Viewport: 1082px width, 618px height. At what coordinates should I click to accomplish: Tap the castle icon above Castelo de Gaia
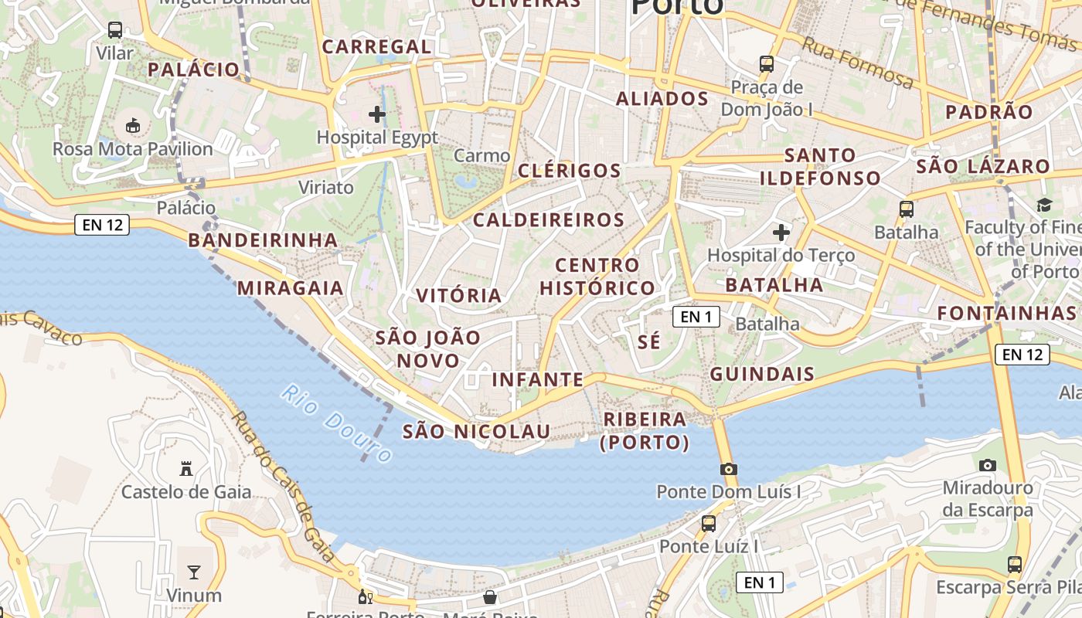coord(186,468)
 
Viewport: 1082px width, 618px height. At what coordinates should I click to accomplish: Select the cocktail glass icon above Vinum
coord(194,572)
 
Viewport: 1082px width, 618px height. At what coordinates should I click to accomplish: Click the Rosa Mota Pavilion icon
coord(133,125)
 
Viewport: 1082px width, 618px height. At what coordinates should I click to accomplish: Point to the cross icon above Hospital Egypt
coord(377,115)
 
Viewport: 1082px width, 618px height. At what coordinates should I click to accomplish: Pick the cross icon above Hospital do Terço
coord(781,232)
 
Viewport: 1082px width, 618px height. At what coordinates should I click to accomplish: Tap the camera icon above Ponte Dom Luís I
coord(728,469)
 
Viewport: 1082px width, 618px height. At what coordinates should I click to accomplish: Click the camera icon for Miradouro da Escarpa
coord(987,465)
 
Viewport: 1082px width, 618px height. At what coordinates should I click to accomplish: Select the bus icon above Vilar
coord(115,30)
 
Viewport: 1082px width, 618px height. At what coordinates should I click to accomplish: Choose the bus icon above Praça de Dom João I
coord(767,64)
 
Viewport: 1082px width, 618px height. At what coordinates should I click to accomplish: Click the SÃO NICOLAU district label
coord(476,431)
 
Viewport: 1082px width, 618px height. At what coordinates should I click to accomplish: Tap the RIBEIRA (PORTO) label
coord(645,430)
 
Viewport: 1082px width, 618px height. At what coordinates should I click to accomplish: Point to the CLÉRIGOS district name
coord(570,171)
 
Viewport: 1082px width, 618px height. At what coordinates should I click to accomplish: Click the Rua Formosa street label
coord(858,62)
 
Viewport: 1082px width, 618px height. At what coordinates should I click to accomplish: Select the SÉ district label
coord(650,341)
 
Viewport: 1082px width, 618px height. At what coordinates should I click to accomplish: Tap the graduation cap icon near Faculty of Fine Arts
coord(1044,205)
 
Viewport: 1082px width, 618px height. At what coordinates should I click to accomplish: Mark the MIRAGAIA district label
coord(290,288)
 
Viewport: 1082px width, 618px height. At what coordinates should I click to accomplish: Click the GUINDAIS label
coord(762,375)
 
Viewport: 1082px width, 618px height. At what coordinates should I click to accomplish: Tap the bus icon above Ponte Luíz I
coord(709,524)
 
